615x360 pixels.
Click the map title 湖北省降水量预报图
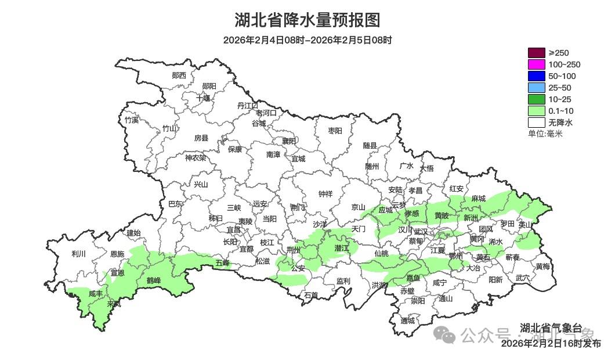307,20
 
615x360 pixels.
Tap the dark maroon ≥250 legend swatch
537,53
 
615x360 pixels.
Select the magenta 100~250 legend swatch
537,64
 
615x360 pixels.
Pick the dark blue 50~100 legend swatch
537,76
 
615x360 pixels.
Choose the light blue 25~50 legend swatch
537,88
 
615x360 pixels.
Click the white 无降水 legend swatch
537,123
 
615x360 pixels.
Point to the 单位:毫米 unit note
545,134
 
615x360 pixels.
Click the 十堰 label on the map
203,98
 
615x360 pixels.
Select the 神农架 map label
195,157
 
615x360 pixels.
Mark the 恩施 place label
117,254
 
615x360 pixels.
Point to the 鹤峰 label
153,280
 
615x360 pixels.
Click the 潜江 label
342,248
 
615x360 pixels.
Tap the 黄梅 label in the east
542,267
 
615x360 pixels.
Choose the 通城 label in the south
408,321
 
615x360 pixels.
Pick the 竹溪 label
132,120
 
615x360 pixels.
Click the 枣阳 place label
335,131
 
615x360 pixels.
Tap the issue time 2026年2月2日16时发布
551,344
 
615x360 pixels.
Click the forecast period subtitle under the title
307,41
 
